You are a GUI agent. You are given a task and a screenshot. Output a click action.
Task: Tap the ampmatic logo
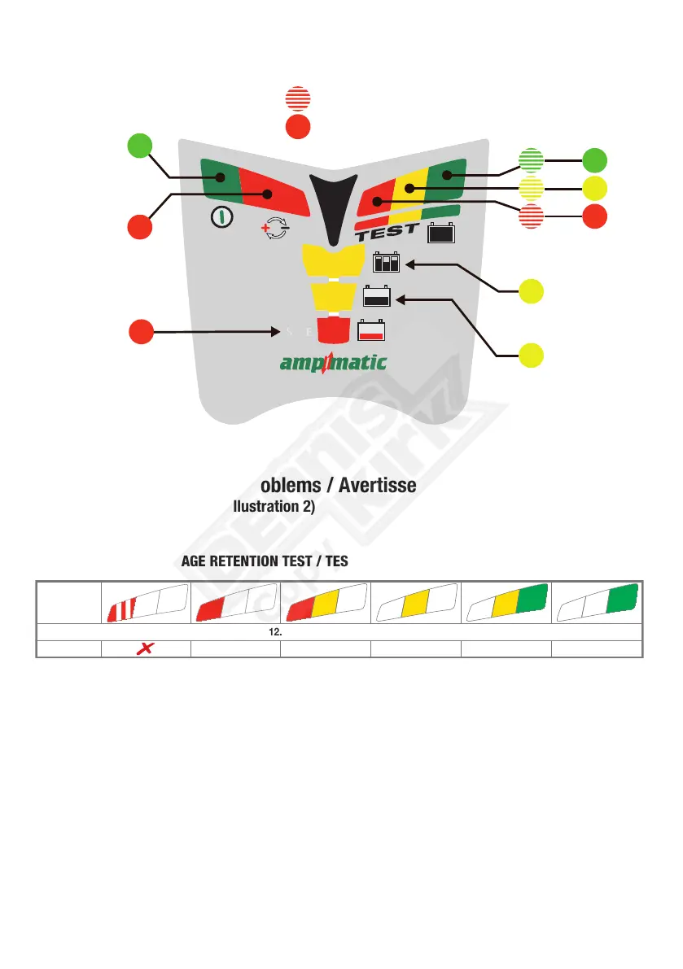coord(333,362)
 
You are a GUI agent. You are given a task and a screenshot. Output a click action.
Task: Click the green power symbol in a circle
coord(218,216)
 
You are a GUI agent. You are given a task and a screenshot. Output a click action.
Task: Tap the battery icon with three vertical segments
coord(387,264)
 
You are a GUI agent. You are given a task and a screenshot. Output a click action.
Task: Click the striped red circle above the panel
coord(298,98)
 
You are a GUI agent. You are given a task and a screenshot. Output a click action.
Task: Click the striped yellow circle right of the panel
coord(532,190)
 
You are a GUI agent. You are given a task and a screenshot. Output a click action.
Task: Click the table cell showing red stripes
coord(146,604)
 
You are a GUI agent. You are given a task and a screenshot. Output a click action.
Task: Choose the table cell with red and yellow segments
coord(326,604)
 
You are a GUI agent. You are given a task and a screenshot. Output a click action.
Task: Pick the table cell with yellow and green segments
coord(506,604)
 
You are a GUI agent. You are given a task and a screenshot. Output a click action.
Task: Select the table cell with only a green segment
coord(597,604)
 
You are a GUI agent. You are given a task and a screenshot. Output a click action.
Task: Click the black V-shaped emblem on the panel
coord(333,203)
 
